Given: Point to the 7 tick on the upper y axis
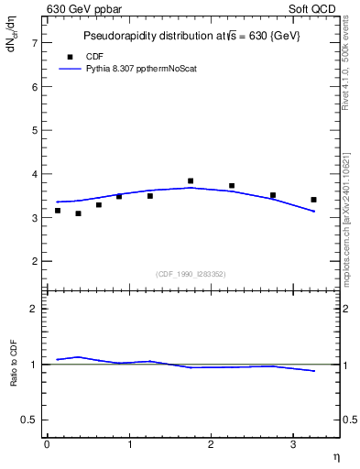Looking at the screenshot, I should [x=36, y=43].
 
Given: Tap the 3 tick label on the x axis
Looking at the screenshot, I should [x=293, y=444].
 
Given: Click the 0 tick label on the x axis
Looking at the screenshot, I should [x=47, y=444].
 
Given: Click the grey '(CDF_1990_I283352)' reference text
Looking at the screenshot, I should [x=191, y=273].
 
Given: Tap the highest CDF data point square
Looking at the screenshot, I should [x=191, y=181].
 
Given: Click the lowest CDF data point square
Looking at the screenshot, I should [x=78, y=213].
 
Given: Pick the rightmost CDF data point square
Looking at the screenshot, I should [x=313, y=200].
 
